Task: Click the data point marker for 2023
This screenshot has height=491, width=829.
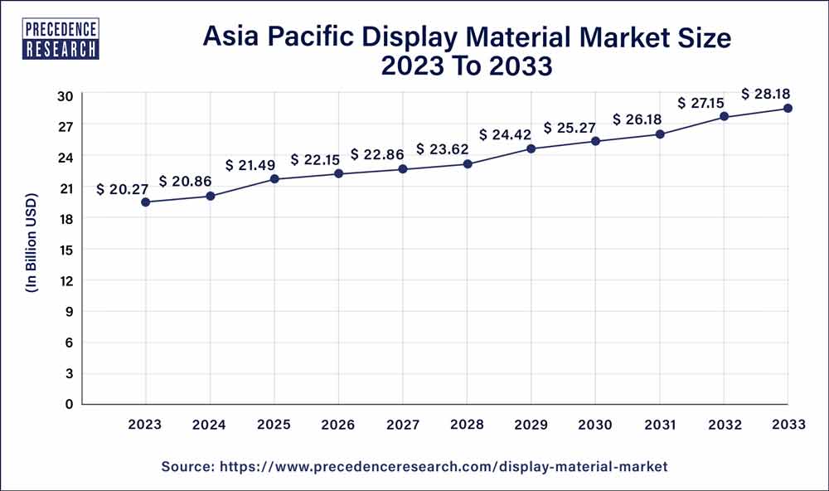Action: tap(145, 202)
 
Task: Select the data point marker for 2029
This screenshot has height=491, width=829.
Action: tap(531, 148)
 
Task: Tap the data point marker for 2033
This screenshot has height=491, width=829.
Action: tap(788, 109)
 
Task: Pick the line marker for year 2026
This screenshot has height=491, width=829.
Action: tap(338, 173)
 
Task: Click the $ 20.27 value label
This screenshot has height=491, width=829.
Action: tap(124, 189)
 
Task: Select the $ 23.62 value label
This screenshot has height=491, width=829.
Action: tap(444, 149)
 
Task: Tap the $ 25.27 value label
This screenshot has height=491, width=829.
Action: tap(571, 129)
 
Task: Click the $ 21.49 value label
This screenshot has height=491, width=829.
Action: tap(250, 166)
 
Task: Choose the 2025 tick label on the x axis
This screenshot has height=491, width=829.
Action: tap(274, 424)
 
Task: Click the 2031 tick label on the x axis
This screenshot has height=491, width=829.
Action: tap(659, 424)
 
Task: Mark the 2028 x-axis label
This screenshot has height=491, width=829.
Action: tap(467, 424)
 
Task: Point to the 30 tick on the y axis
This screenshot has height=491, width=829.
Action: tap(65, 95)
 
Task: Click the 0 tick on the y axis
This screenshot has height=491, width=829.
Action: tap(70, 404)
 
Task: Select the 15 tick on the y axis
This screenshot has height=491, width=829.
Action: tap(65, 250)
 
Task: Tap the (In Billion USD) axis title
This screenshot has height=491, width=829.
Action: tap(32, 249)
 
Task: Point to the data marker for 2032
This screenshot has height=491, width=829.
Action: tap(724, 117)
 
